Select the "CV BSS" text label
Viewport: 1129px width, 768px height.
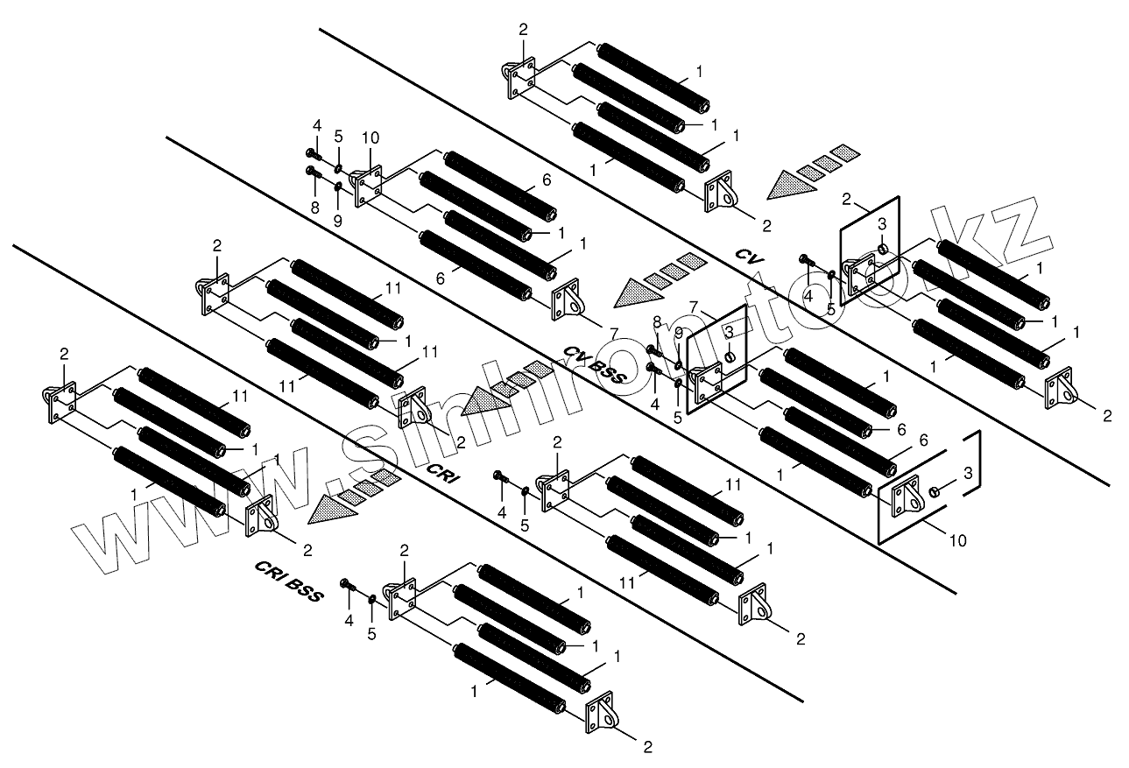click(595, 363)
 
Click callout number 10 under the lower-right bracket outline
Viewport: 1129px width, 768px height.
click(958, 540)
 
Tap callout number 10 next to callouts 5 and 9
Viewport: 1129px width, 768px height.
click(370, 137)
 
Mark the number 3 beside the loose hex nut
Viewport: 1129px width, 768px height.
click(967, 474)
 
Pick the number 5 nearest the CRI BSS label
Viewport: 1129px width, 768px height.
click(371, 633)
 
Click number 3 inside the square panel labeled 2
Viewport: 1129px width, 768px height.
click(883, 224)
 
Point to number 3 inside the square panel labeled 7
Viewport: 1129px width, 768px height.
click(728, 332)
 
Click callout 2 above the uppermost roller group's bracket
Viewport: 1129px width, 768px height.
click(523, 29)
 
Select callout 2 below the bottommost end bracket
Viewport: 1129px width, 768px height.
click(647, 747)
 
